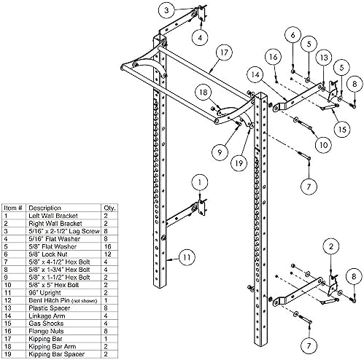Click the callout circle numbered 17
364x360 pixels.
tap(224, 52)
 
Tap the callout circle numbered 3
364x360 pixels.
tap(166, 10)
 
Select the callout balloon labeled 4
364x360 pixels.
tap(200, 38)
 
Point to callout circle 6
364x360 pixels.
tap(293, 35)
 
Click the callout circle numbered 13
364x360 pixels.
tap(324, 58)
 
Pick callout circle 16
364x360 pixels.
tap(274, 57)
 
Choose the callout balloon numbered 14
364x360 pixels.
tap(255, 74)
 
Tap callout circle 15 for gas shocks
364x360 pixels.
tap(342, 129)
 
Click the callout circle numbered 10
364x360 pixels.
tap(323, 145)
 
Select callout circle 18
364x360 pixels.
tap(204, 92)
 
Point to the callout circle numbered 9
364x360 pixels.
tap(220, 152)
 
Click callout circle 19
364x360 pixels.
tap(239, 163)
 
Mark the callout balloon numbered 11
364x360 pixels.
tap(187, 257)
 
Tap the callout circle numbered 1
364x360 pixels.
tap(200, 182)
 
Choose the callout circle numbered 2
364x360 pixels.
tap(331, 247)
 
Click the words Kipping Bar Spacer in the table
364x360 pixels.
tap(56, 354)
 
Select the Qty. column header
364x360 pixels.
tap(110, 208)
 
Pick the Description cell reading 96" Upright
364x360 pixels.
tap(44, 293)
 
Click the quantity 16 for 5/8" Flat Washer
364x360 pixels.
tap(107, 246)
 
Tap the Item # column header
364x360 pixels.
tap(13, 208)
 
